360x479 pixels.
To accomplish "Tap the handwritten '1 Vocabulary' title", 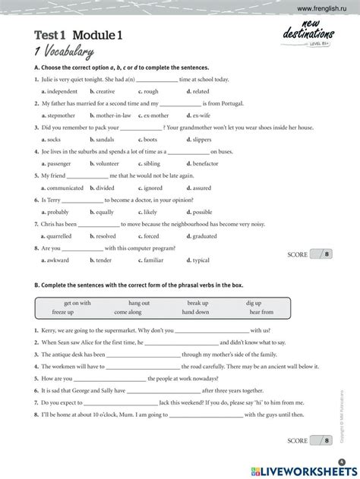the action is click(64, 52).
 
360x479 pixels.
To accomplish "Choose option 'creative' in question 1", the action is click(103, 91).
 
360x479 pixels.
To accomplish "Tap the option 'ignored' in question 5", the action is click(153, 188).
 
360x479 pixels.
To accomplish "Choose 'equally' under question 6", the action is click(103, 212).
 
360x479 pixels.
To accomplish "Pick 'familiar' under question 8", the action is click(153, 260).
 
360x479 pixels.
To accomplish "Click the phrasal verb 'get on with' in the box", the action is click(77, 303).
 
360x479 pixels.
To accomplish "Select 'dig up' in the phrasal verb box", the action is click(253, 303).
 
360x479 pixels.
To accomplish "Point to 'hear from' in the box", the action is click(261, 312).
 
